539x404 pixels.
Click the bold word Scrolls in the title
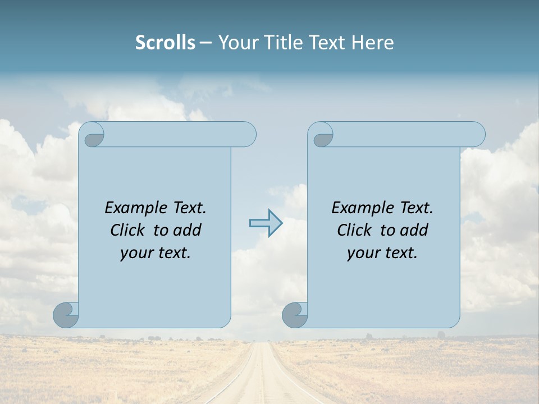click(165, 43)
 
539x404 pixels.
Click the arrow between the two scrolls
click(266, 223)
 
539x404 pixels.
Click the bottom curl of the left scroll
click(66, 315)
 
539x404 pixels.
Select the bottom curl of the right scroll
click(295, 315)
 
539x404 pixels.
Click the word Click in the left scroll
click(127, 230)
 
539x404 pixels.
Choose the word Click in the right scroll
click(354, 230)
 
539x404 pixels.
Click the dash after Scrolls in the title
click(205, 43)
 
